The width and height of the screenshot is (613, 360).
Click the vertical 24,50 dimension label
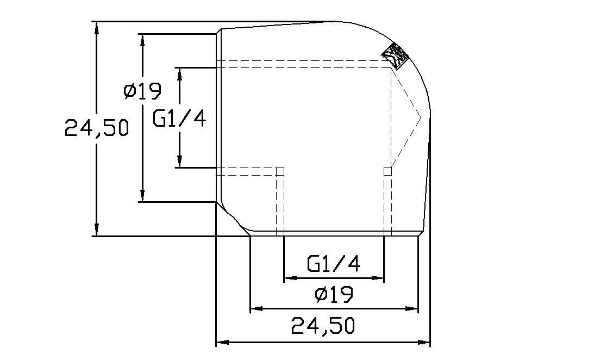point(97,128)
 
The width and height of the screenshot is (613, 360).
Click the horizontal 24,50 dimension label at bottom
point(323,326)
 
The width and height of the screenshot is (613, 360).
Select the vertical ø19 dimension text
point(142,91)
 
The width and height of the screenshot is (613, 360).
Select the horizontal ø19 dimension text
point(334,294)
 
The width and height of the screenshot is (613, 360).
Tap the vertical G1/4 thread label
point(179,118)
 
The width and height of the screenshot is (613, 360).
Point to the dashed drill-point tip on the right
point(421,117)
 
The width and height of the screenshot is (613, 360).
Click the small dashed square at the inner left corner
point(280,171)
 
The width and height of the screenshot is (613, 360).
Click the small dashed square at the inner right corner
point(388,171)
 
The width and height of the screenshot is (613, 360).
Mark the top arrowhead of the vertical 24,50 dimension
point(97,27)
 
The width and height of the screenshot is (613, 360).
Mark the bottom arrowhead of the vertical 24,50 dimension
point(97,229)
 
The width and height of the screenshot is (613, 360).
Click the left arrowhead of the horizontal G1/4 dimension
point(290,278)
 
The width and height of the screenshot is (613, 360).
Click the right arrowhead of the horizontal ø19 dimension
point(412,308)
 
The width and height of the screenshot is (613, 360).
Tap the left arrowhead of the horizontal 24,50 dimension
point(223,343)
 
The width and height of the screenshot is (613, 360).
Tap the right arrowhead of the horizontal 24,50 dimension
point(424,343)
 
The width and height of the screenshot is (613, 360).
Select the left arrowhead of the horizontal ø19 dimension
point(257,308)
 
